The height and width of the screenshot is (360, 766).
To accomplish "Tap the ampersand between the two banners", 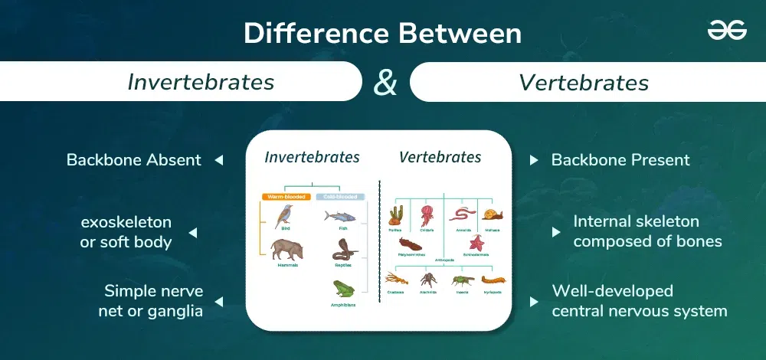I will pyautogui.click(x=385, y=82).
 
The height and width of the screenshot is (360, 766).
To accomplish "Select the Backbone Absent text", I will pyautogui.click(x=134, y=160).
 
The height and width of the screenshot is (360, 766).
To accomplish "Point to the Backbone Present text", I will pyautogui.click(x=620, y=160).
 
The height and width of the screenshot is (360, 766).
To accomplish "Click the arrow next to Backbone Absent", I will pyautogui.click(x=218, y=161).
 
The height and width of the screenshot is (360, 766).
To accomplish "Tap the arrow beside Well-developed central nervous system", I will pyautogui.click(x=534, y=302).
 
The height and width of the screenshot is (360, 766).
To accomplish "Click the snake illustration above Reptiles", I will pyautogui.click(x=342, y=250).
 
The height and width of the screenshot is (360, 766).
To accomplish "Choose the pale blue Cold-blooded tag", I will pyautogui.click(x=341, y=197).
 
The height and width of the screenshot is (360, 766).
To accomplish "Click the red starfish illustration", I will pyautogui.click(x=476, y=244).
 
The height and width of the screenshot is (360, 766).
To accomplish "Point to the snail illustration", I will pyautogui.click(x=493, y=215).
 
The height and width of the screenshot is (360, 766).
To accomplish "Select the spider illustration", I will pyautogui.click(x=428, y=280).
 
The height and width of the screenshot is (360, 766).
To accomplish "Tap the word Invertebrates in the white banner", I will pyautogui.click(x=201, y=82).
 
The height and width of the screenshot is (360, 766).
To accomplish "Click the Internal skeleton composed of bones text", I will pyautogui.click(x=636, y=231).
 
